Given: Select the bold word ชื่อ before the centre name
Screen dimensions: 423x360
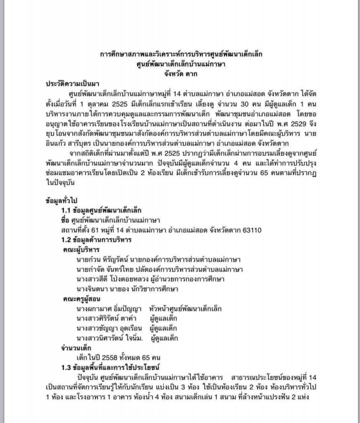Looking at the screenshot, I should [66, 219].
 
